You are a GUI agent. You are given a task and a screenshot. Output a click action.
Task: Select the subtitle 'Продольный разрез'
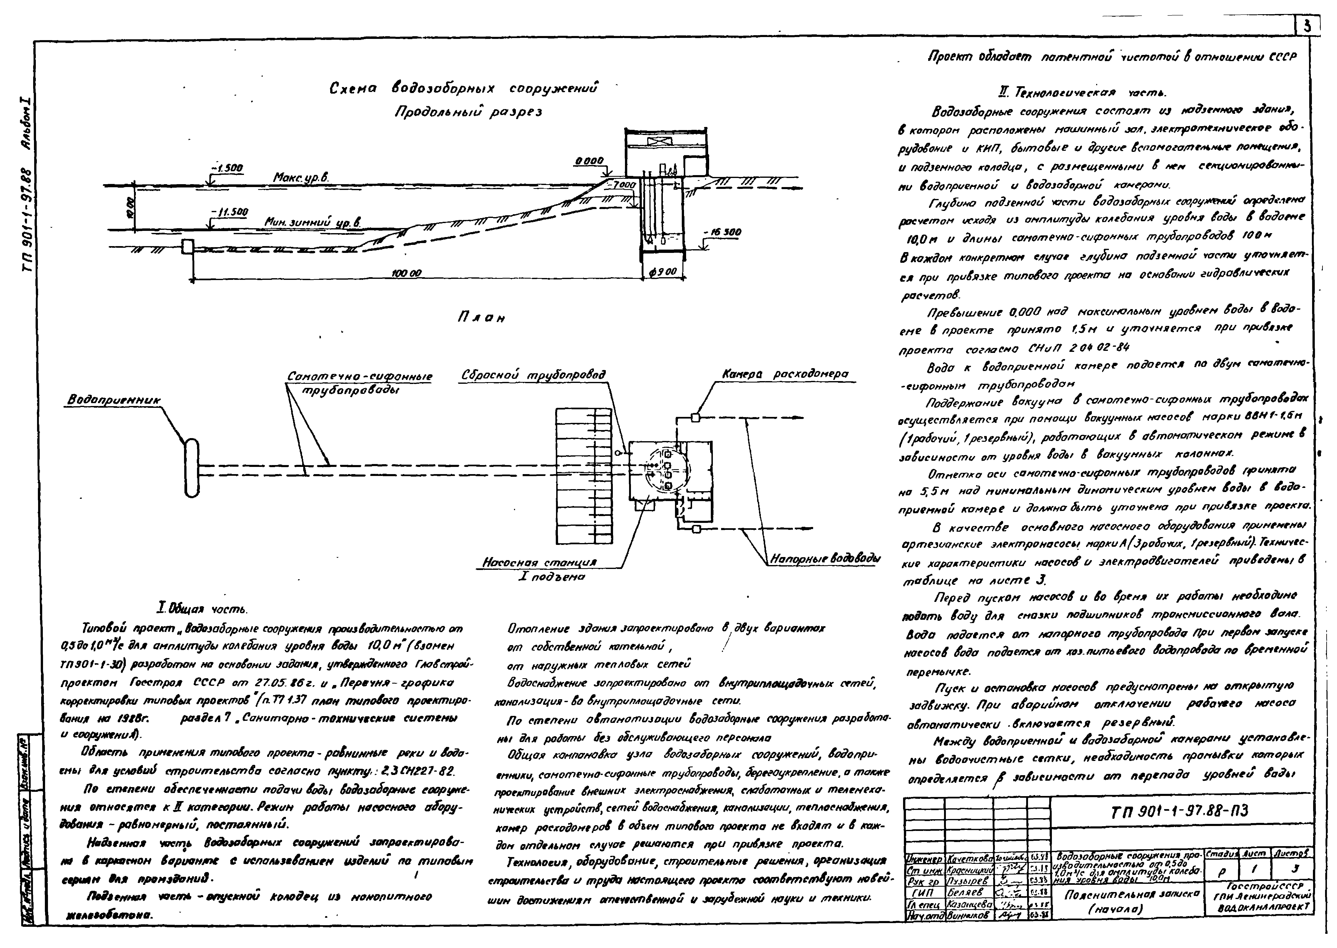[x=468, y=112]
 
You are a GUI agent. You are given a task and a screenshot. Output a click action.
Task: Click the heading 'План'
[x=481, y=318]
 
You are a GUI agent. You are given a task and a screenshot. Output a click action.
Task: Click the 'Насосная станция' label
[x=539, y=563]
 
